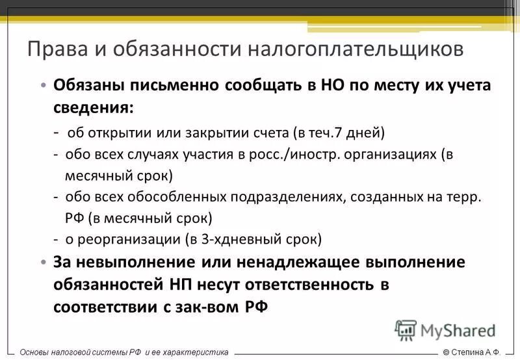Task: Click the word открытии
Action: coord(121,133)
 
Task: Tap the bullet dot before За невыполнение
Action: coord(43,263)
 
